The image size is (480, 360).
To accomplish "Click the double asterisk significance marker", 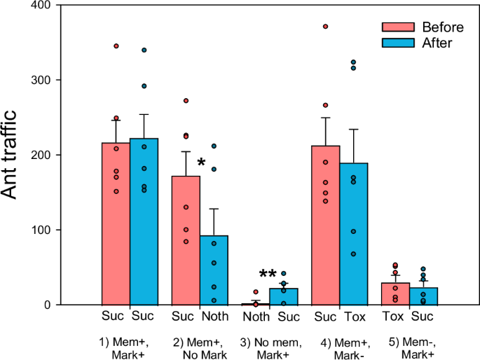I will click(268, 275).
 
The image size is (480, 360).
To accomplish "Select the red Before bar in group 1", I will click(116, 223).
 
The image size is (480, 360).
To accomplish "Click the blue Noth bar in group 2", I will click(214, 270).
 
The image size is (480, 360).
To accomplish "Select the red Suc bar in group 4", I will click(326, 225).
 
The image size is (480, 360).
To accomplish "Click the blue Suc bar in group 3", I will click(284, 297).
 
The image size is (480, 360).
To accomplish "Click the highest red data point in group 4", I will click(326, 27).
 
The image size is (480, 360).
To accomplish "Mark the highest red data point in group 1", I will click(116, 46).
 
